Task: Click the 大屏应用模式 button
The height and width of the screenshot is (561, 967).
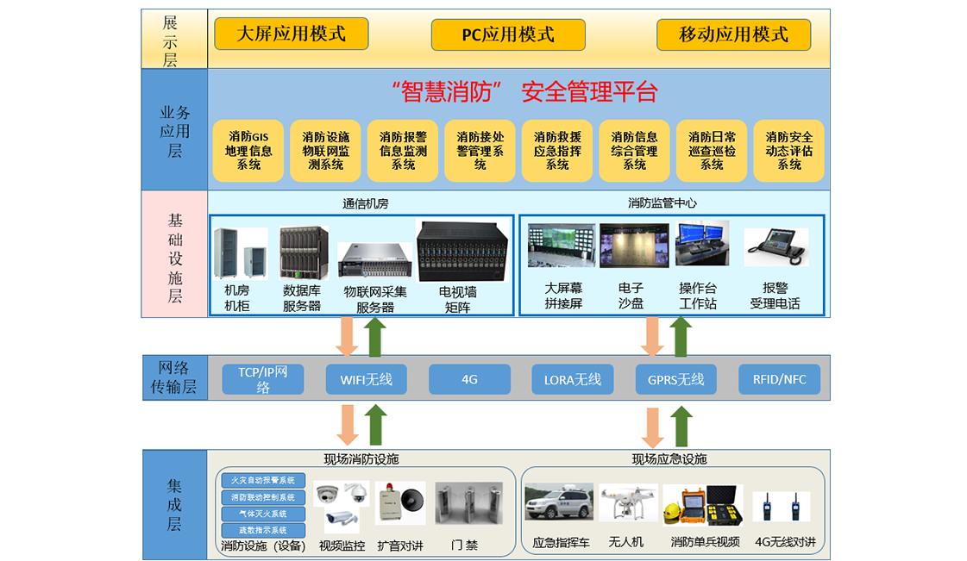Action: tap(291, 34)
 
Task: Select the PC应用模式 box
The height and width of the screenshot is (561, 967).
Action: tap(508, 34)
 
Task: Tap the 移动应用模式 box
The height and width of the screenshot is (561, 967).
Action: tap(733, 34)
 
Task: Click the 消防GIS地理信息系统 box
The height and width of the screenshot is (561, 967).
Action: tap(248, 151)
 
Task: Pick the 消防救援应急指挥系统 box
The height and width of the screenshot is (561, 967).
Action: tap(557, 151)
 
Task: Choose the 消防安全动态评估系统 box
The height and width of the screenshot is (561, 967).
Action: tap(788, 151)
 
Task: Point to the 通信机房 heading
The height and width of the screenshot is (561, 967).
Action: tap(366, 204)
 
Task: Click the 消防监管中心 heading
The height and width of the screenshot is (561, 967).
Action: tap(662, 203)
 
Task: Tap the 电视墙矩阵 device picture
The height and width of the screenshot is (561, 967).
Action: tap(457, 252)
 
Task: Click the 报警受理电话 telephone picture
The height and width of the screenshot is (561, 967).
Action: tap(775, 246)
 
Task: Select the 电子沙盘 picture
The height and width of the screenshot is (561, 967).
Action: tap(633, 246)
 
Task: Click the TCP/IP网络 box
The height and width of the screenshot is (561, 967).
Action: tap(263, 379)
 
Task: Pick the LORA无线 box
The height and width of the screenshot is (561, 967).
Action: tap(572, 379)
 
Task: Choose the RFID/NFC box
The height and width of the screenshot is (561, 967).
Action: tap(779, 379)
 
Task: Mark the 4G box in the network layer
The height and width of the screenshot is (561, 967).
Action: tap(469, 379)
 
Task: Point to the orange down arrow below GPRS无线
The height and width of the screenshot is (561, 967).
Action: tap(653, 427)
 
